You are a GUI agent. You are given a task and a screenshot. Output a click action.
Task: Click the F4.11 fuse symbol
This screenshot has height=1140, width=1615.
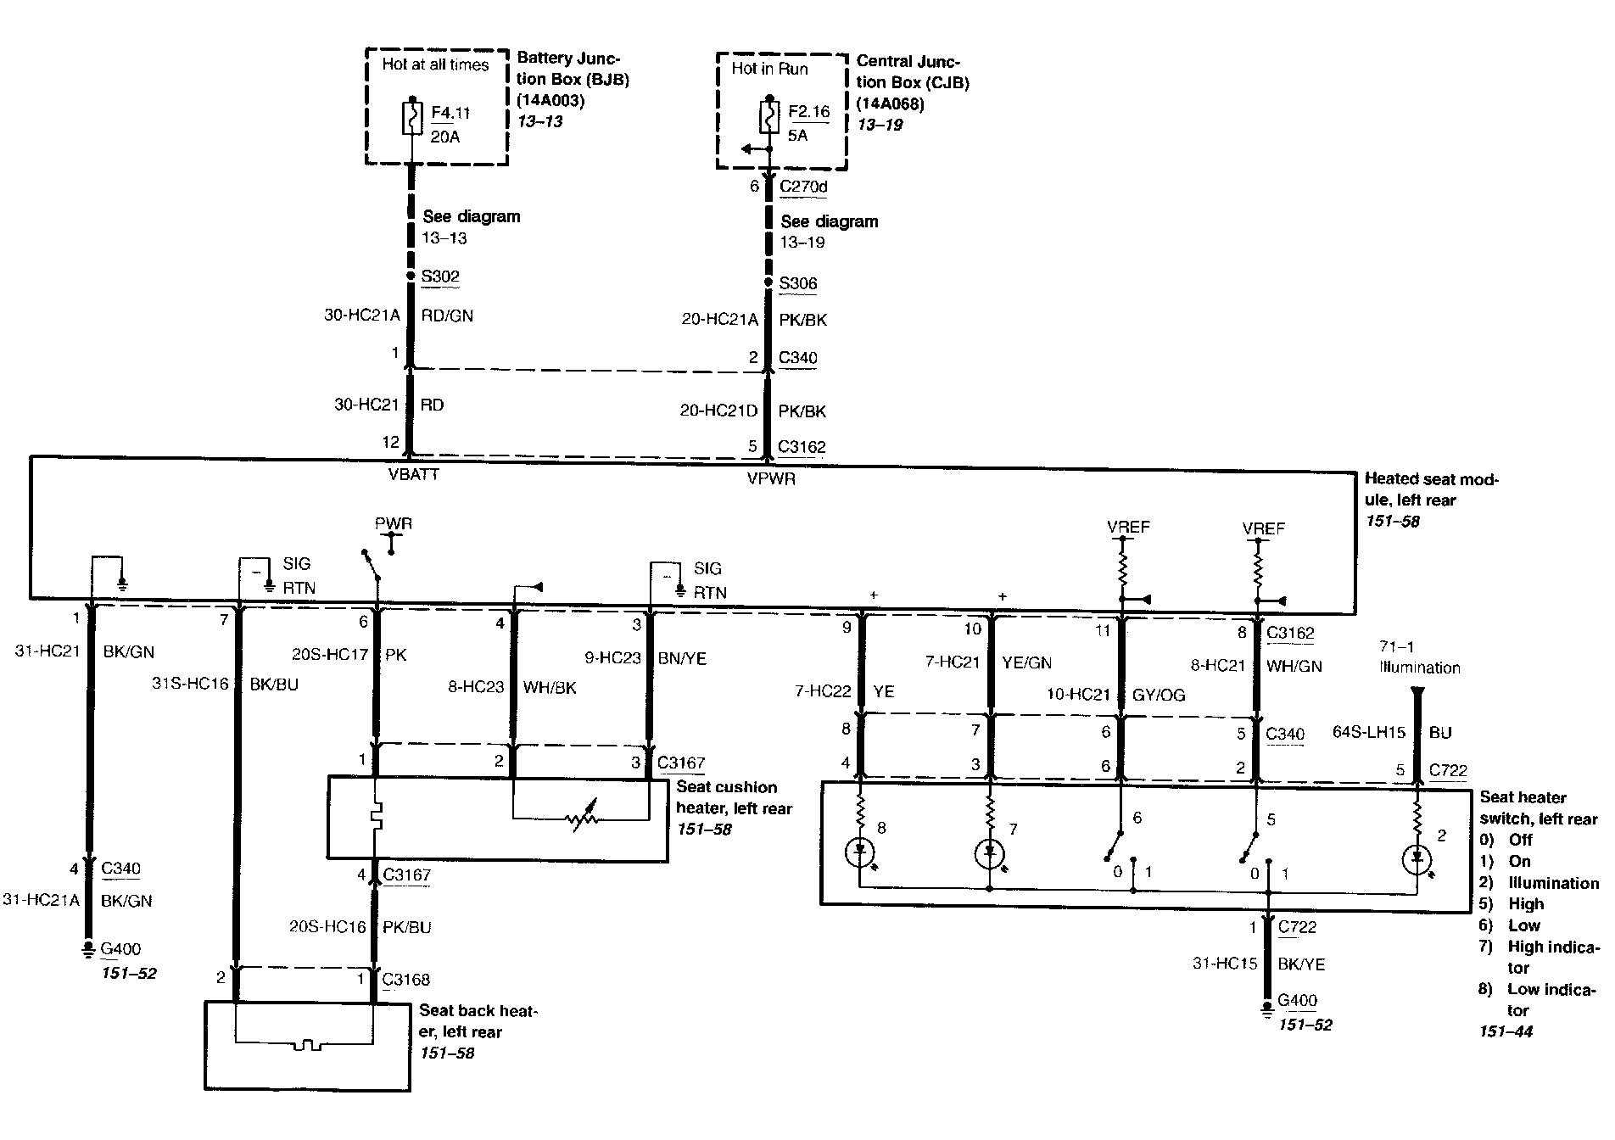click(412, 119)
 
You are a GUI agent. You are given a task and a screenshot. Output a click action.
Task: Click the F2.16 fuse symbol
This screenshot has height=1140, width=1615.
click(769, 117)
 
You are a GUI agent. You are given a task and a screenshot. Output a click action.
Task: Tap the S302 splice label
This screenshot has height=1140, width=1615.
click(440, 276)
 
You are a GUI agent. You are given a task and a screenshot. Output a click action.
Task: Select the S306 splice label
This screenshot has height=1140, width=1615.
click(798, 283)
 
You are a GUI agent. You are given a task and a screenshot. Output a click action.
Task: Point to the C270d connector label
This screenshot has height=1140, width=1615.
click(802, 187)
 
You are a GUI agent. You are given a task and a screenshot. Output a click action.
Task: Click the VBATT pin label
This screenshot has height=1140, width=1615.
click(413, 475)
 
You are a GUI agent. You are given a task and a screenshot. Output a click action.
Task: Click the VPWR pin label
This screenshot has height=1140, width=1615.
click(771, 479)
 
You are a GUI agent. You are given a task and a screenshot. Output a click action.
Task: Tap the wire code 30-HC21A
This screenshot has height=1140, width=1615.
click(361, 316)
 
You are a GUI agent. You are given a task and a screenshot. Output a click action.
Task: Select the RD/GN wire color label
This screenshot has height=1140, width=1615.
click(447, 316)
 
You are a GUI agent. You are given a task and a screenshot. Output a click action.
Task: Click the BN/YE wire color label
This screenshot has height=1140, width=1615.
click(682, 658)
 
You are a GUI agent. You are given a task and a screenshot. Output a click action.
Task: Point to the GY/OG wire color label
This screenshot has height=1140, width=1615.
click(1159, 696)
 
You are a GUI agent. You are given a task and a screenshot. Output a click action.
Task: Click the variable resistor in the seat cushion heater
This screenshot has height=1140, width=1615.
click(583, 818)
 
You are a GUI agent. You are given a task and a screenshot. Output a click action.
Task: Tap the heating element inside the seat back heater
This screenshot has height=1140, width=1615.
click(308, 1044)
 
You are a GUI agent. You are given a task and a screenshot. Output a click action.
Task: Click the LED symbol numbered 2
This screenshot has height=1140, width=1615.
click(1417, 858)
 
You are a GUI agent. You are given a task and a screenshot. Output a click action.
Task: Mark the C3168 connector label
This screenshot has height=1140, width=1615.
click(406, 980)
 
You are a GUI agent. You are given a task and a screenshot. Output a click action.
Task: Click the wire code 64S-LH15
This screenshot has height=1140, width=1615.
click(1369, 732)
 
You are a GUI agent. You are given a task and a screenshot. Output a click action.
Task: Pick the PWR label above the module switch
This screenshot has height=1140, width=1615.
click(394, 523)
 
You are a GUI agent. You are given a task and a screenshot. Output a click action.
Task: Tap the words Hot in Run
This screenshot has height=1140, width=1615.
click(769, 69)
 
